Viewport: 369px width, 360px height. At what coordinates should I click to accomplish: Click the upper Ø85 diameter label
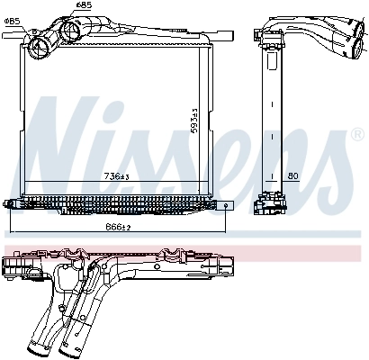click(83, 5)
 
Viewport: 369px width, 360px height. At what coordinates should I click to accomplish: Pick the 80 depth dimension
click(292, 175)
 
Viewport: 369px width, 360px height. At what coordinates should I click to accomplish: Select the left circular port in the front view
click(40, 42)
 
